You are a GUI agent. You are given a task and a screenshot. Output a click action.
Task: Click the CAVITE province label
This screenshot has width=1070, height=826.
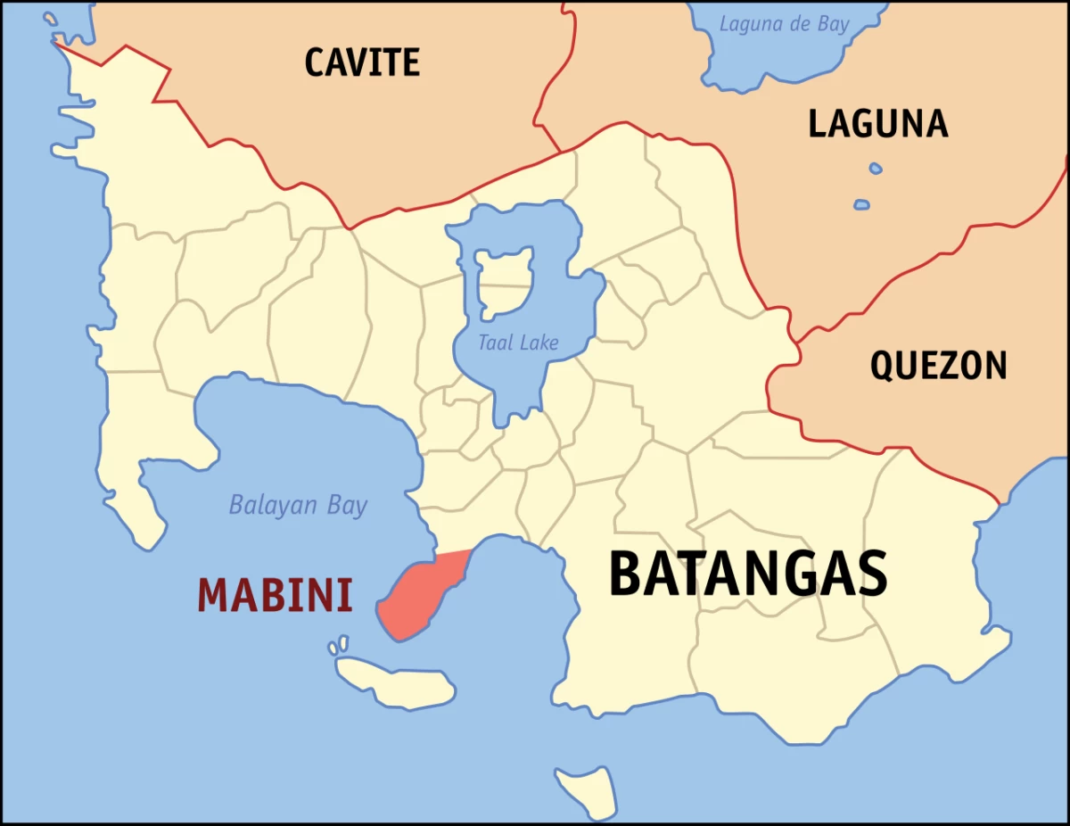pyautogui.click(x=362, y=62)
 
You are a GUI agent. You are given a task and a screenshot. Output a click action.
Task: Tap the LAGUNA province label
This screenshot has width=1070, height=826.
pyautogui.click(x=877, y=123)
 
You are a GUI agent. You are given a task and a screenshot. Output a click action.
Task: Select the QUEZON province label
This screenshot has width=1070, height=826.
pyautogui.click(x=938, y=366)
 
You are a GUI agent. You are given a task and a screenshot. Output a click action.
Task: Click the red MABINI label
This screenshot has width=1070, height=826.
pyautogui.click(x=275, y=596)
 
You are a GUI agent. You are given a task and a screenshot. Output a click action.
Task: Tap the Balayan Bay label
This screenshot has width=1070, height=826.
pyautogui.click(x=298, y=506)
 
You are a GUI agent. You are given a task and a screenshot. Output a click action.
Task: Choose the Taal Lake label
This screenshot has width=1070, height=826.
pyautogui.click(x=518, y=343)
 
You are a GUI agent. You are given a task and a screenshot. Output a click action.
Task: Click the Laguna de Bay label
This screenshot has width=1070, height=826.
pyautogui.click(x=785, y=24)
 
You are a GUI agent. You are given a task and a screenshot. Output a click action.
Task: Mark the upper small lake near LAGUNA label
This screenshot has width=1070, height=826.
pyautogui.click(x=876, y=168)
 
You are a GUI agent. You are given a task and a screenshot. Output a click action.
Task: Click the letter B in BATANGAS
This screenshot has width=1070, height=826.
pyautogui.click(x=626, y=574)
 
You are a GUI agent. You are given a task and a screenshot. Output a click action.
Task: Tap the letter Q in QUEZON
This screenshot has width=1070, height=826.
pyautogui.click(x=881, y=366)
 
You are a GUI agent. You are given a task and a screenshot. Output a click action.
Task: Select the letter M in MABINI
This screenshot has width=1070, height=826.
pyautogui.click(x=213, y=596)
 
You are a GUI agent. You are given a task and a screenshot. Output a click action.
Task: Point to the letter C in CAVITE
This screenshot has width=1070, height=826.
pyautogui.click(x=314, y=62)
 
